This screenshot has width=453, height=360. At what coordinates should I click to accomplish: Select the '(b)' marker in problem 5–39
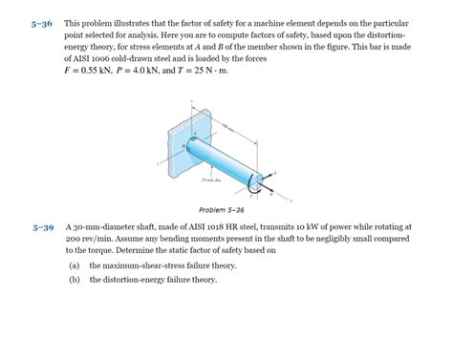pos(74,280)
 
